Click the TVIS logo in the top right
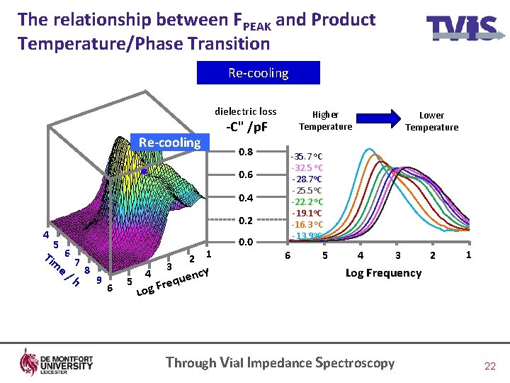(460, 28)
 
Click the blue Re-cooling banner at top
(258, 73)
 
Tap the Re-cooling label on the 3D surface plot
(170, 143)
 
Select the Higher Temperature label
(325, 121)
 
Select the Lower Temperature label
(431, 121)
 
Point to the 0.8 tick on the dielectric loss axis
(246, 152)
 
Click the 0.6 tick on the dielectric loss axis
(246, 174)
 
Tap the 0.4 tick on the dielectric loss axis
(246, 197)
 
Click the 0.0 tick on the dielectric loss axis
(246, 243)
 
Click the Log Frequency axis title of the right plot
(383, 273)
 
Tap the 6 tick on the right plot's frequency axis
(287, 255)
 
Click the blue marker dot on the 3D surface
(143, 172)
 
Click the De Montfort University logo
(57, 362)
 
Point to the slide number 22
(489, 366)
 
